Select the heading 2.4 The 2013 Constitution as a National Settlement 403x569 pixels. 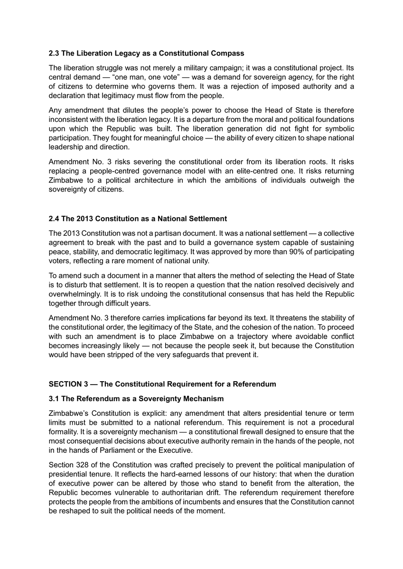pos(138,219)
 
